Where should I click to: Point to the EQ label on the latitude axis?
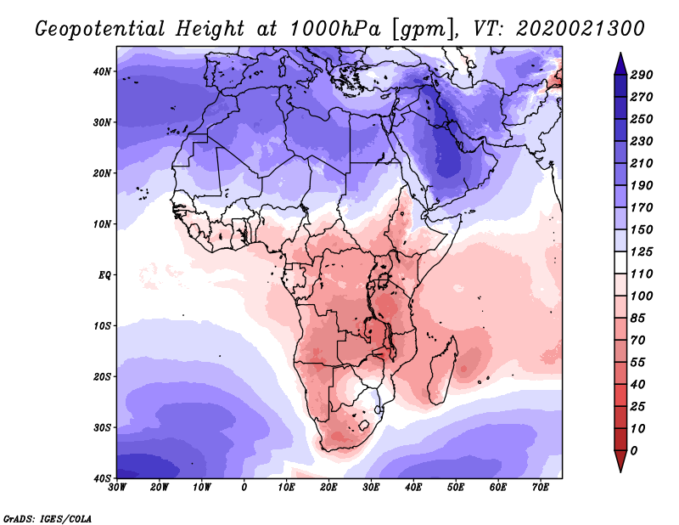click(x=104, y=275)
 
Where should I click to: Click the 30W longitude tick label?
click(x=117, y=488)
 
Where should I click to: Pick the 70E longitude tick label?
click(x=540, y=488)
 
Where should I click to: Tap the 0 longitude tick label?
click(x=244, y=488)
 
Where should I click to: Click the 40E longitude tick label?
click(x=413, y=488)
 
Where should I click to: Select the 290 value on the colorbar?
click(x=641, y=76)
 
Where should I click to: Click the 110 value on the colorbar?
click(x=641, y=275)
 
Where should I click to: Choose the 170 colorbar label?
click(x=641, y=206)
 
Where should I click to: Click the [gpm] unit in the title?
click(x=419, y=29)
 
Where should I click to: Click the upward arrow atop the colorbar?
click(x=620, y=60)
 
